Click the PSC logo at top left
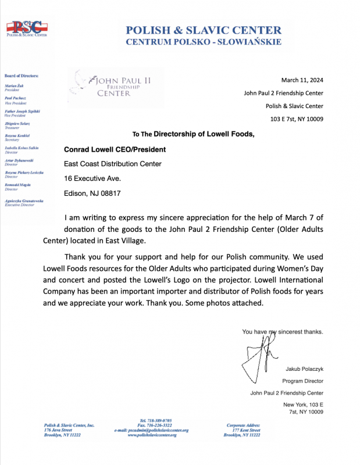click(26, 28)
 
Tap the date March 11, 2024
click(302, 80)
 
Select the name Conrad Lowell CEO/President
click(115, 149)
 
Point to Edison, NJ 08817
click(92, 193)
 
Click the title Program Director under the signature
click(302, 381)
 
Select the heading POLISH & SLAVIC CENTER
click(204, 30)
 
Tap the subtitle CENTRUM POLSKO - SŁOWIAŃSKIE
click(204, 42)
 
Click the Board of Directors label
click(22, 76)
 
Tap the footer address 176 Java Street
click(59, 430)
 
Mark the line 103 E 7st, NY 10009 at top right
click(297, 119)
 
